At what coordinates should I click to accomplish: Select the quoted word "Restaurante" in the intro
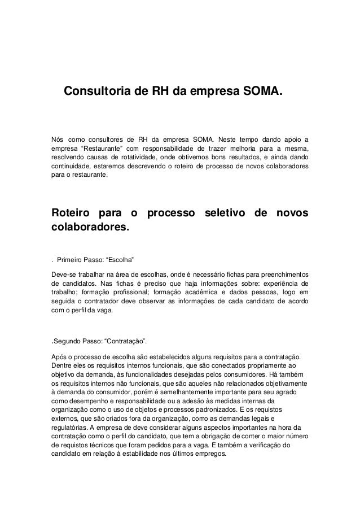point(102,148)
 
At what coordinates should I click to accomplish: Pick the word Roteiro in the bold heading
point(72,215)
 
